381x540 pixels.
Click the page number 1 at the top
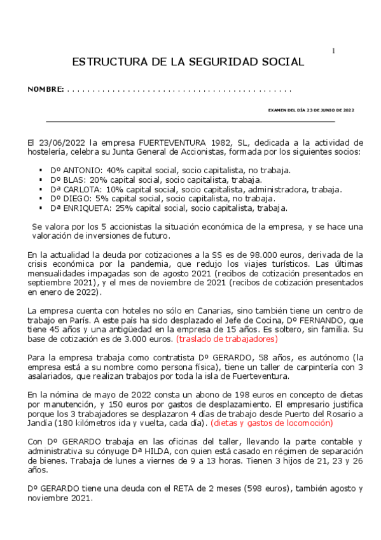[334, 50]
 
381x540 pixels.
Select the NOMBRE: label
[45, 89]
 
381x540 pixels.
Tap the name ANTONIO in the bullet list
[80, 170]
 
